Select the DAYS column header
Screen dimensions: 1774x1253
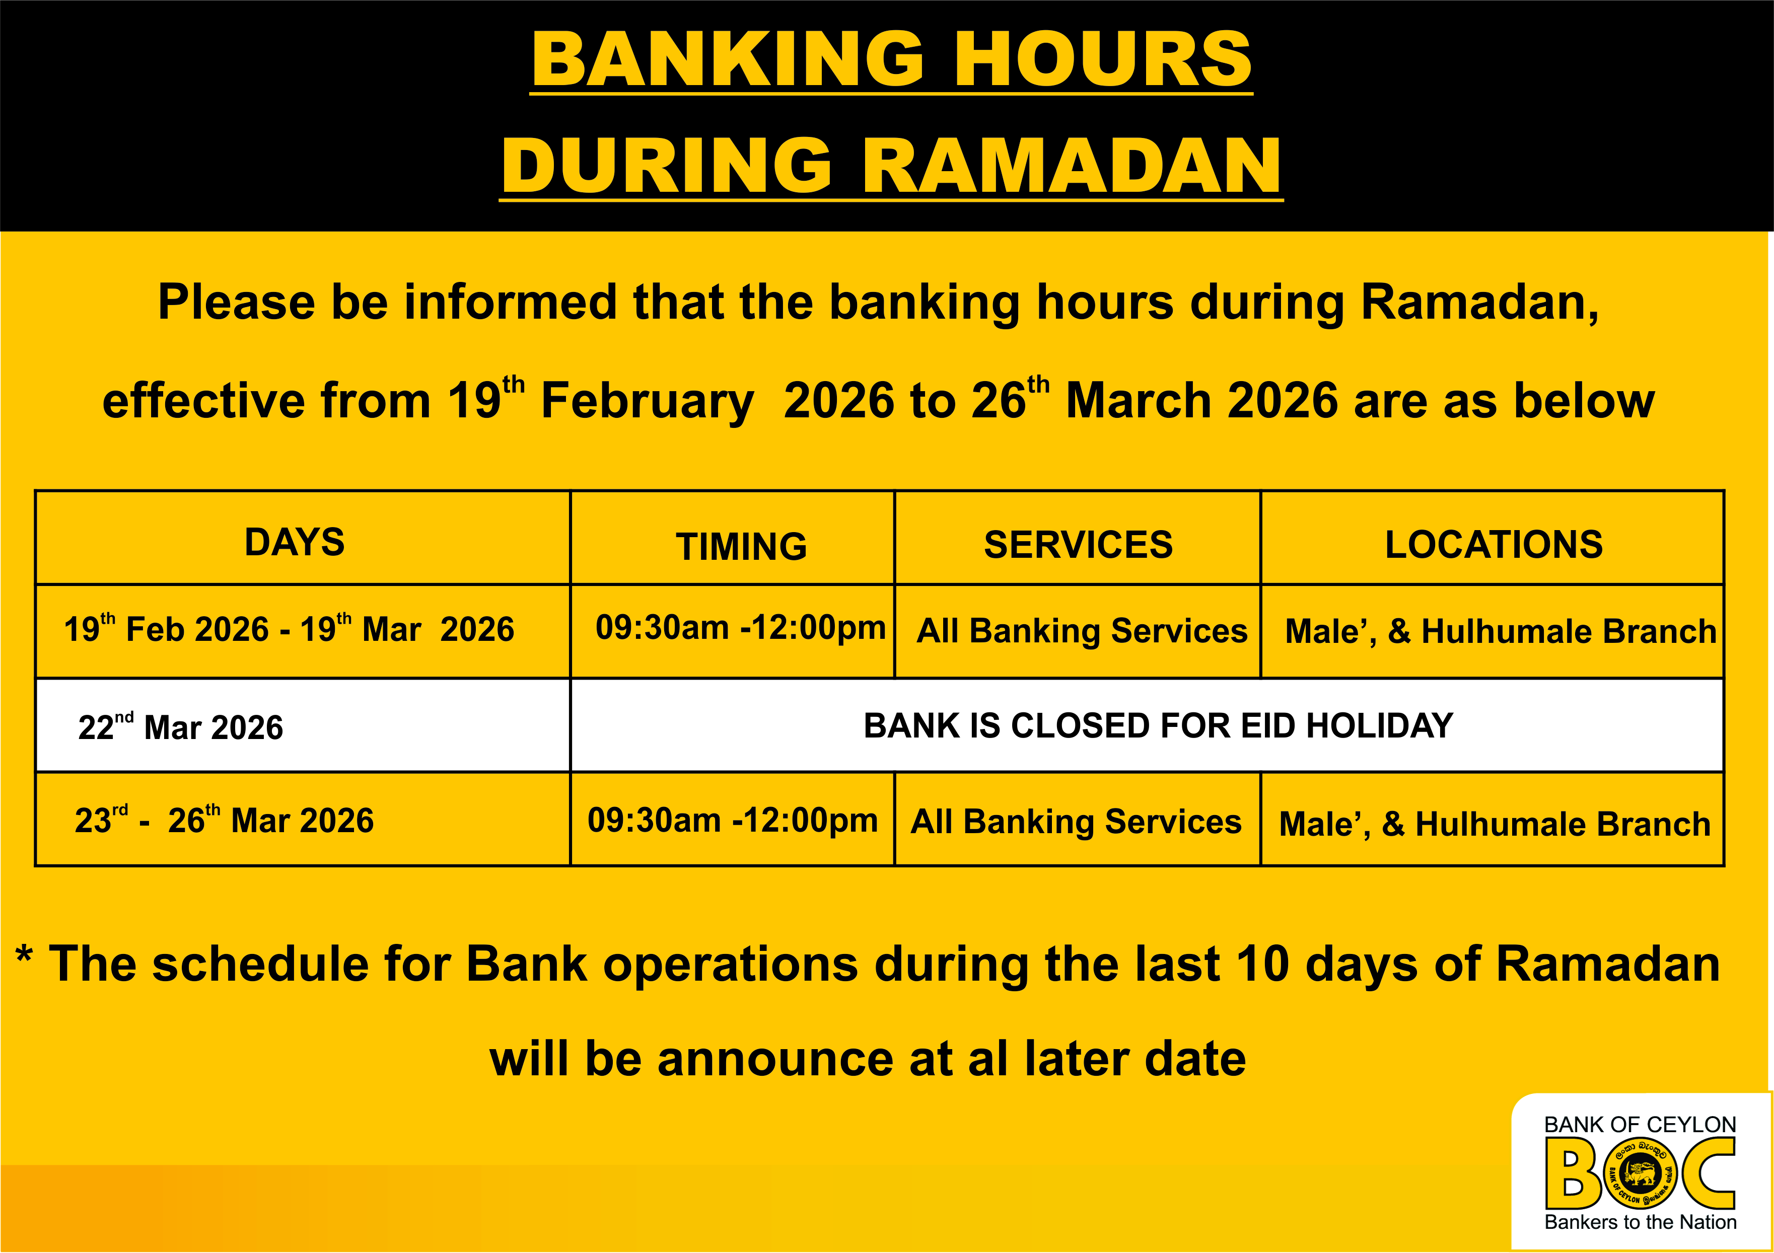click(x=295, y=542)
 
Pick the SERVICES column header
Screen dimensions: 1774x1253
click(x=1078, y=545)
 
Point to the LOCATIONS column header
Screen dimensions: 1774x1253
click(x=1494, y=545)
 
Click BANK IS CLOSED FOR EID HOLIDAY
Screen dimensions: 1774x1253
click(x=1158, y=725)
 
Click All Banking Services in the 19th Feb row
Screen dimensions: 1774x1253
click(x=1082, y=631)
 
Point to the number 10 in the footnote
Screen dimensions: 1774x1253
click(x=1262, y=965)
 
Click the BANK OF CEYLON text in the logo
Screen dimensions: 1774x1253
click(x=1640, y=1124)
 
